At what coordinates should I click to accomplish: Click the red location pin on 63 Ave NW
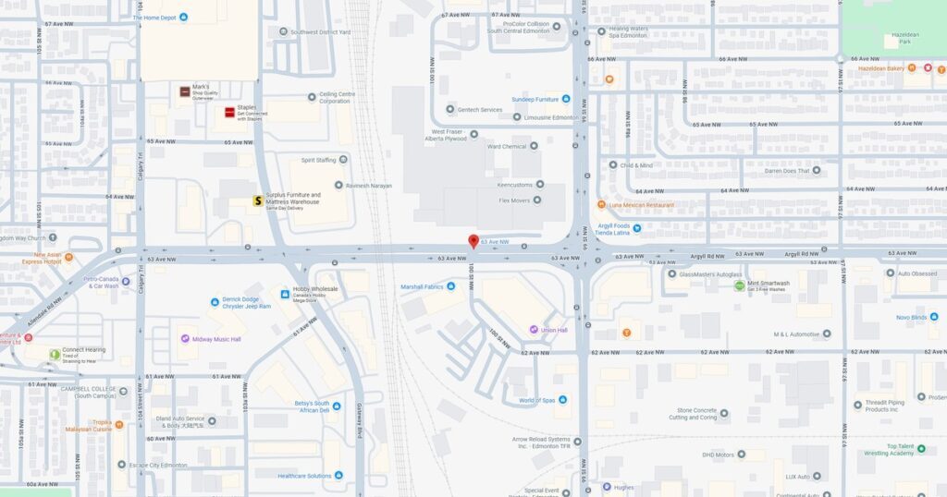473,241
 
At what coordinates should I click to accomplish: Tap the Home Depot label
154,18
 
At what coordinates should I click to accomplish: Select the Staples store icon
229,113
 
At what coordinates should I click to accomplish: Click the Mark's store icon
185,91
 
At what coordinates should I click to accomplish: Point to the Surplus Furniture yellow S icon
258,200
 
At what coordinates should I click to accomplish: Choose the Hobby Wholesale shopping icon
285,294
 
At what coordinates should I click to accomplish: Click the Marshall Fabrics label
422,286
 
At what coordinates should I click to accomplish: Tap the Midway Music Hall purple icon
185,339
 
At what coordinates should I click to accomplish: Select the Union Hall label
554,330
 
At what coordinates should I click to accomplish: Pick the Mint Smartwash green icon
739,285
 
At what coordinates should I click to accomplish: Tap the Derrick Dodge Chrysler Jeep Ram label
242,302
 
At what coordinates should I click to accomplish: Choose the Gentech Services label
479,109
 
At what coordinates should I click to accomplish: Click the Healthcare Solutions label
304,475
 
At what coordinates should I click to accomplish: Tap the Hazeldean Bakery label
880,68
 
